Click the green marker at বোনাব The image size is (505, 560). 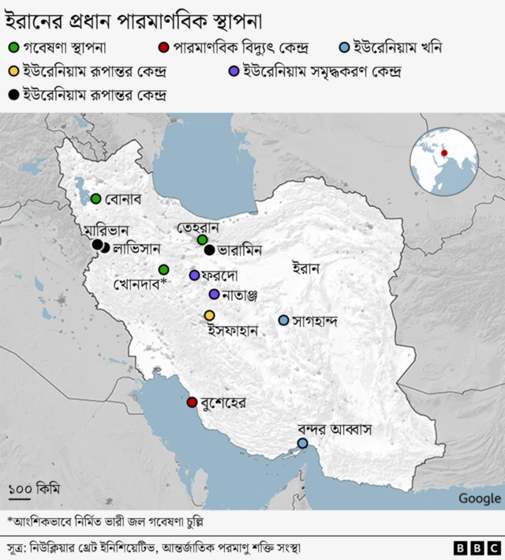point(96,198)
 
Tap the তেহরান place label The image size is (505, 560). point(197,227)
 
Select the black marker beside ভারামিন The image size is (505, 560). point(209,250)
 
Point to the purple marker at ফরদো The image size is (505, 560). point(194,275)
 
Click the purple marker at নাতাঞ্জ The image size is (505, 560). point(214,295)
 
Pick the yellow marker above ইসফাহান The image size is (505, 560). point(209,315)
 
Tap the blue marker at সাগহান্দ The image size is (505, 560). point(283,320)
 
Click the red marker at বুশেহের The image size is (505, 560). point(192,402)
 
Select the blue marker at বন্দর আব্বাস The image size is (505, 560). point(302,444)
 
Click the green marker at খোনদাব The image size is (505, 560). point(163,269)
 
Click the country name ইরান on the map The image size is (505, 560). point(305,269)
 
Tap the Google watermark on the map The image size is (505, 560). point(479,498)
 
